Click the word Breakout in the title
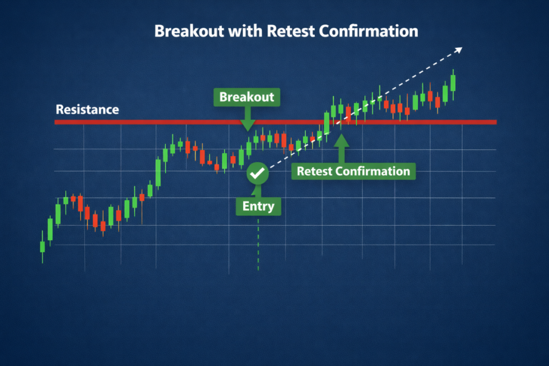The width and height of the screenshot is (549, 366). click(x=189, y=31)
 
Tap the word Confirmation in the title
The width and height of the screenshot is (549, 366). click(x=369, y=31)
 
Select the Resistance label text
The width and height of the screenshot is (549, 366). click(x=87, y=109)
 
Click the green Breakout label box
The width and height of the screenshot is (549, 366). click(x=247, y=97)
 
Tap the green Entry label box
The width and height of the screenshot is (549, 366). click(x=258, y=206)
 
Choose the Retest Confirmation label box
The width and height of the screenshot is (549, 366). click(x=354, y=171)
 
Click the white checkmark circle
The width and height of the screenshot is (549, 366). click(x=257, y=173)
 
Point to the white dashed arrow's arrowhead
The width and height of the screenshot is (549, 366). click(x=458, y=50)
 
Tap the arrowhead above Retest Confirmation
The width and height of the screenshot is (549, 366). click(x=341, y=140)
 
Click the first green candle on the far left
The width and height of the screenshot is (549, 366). click(x=42, y=247)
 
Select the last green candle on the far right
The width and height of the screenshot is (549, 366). click(x=453, y=83)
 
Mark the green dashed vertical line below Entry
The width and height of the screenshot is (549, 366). click(x=258, y=244)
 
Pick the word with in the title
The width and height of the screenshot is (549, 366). click(x=246, y=31)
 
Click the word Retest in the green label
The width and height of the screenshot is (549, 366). click(x=314, y=171)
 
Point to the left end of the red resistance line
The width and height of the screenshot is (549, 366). click(x=55, y=122)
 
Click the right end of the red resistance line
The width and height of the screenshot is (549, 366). click(x=496, y=122)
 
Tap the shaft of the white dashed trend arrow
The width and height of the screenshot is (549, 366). click(x=364, y=109)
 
